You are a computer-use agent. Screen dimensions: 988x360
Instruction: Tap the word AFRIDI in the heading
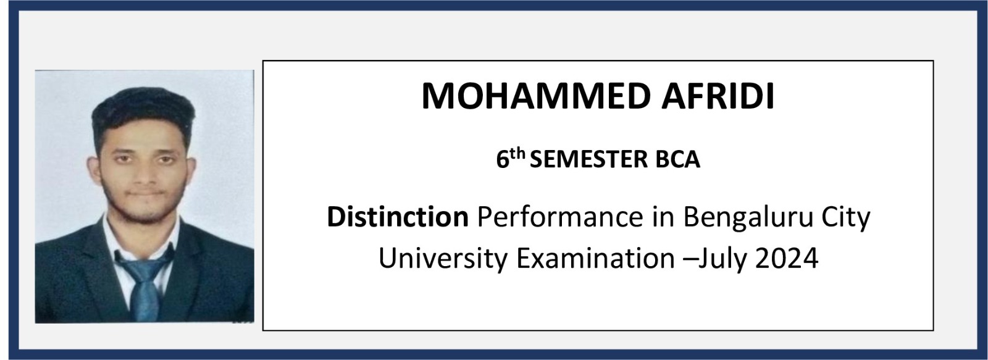click(x=718, y=96)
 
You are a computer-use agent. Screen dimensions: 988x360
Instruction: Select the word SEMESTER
click(x=588, y=160)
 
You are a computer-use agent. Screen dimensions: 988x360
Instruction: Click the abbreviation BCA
click(x=678, y=160)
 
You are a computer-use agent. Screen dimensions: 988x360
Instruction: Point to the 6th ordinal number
click(x=511, y=158)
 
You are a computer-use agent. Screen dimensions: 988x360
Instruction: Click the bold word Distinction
click(x=398, y=217)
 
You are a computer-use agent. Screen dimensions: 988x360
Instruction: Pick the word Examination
click(x=595, y=258)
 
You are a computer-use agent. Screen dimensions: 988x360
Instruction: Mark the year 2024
click(x=787, y=258)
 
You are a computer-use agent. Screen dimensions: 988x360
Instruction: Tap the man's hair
click(x=143, y=111)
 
